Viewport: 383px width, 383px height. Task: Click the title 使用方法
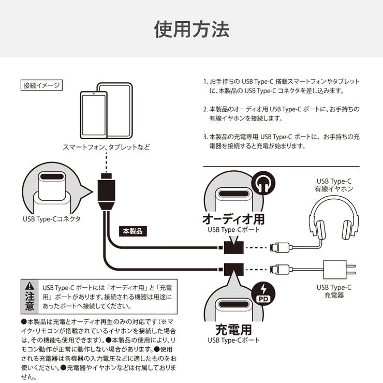(x=191, y=29)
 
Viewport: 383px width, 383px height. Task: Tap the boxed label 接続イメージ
(x=42, y=85)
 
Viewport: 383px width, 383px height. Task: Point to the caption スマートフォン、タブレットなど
(x=106, y=147)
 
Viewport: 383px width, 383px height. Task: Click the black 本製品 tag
(x=132, y=231)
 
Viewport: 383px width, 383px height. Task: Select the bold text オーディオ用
(x=233, y=219)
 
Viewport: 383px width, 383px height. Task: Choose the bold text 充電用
(x=233, y=329)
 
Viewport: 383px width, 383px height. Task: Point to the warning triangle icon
(x=31, y=285)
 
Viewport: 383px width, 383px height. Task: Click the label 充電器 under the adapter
(x=334, y=296)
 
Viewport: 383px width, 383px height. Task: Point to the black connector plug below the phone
(x=106, y=194)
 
